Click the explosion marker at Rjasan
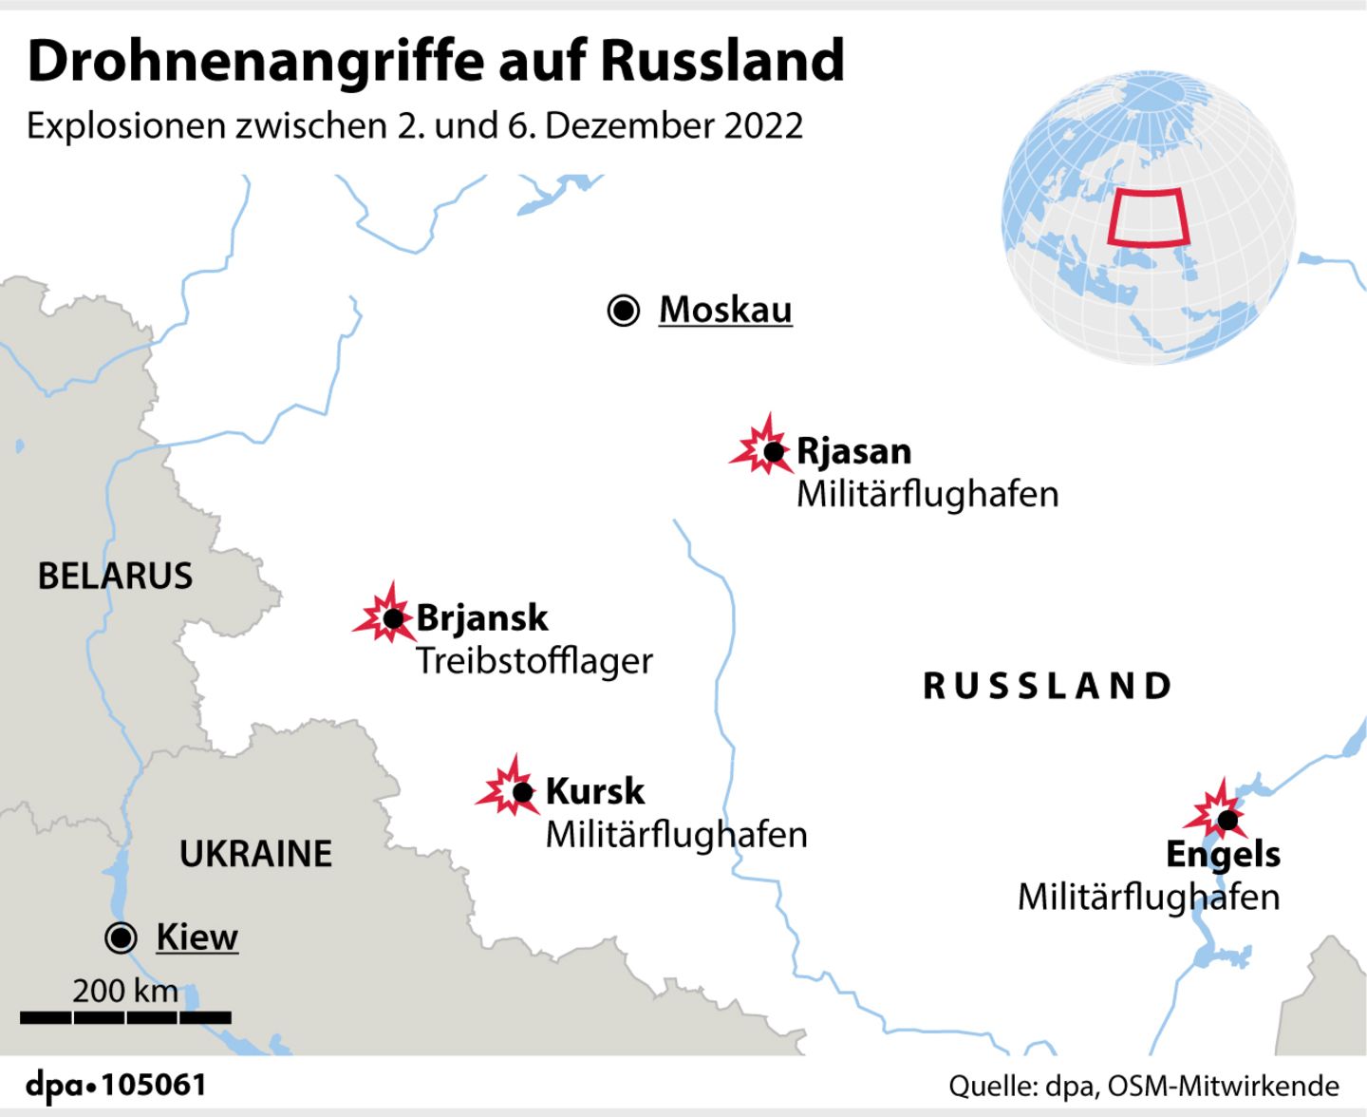point(765,448)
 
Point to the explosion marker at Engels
point(1221,816)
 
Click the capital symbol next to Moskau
point(624,310)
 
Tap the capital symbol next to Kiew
point(122,937)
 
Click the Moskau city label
point(725,310)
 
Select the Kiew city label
point(197,937)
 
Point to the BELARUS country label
point(115,576)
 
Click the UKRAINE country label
point(256,854)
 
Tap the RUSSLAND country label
point(1048,686)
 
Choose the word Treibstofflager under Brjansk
point(534,661)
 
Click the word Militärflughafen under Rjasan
point(927,494)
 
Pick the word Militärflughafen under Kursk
point(677,835)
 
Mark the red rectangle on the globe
point(1149,218)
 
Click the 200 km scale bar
point(125,1017)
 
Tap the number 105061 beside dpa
point(154,1085)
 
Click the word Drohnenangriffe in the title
point(256,62)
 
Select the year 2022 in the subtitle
point(763,125)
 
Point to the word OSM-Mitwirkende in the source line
point(1224,1086)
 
